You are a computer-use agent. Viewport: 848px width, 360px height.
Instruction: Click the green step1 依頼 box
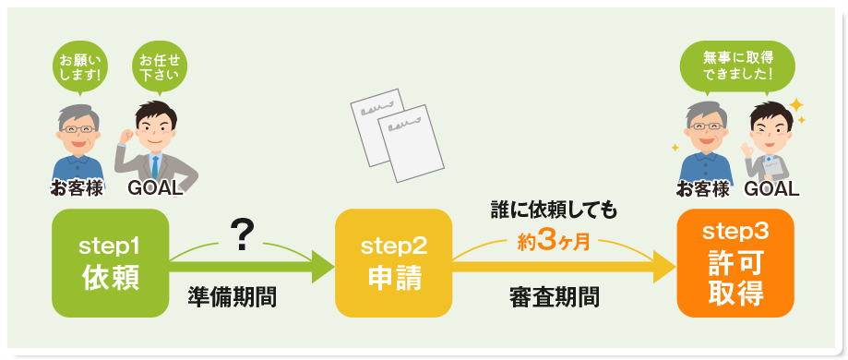[x=110, y=263]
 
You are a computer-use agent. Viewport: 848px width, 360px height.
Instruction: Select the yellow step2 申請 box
[x=393, y=263]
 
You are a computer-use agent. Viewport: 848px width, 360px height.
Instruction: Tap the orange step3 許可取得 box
[x=735, y=264]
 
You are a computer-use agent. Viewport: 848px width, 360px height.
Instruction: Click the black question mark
[x=242, y=237]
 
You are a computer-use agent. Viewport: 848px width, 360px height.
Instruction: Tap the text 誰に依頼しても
[x=554, y=211]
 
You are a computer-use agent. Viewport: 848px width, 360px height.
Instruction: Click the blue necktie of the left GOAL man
[x=155, y=165]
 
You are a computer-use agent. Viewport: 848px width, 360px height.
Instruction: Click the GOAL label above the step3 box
[x=770, y=189]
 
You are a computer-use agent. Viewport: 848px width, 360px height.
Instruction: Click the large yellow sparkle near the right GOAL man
[x=796, y=104]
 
